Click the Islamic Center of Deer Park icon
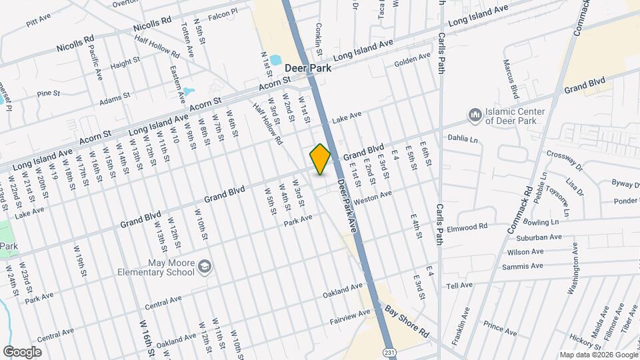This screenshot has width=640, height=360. coord(475,116)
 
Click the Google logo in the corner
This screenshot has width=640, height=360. coord(22,351)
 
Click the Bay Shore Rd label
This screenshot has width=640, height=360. coord(407,321)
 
